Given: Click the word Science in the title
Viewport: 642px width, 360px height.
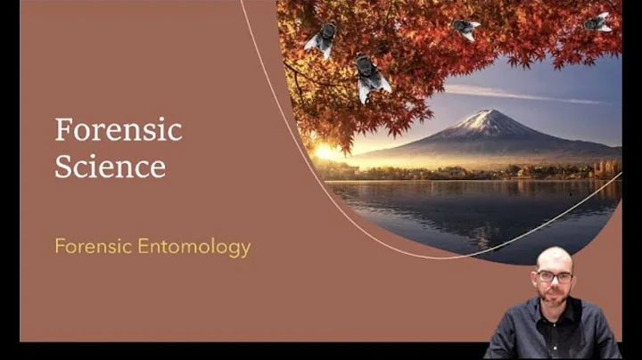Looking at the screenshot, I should point(110,167).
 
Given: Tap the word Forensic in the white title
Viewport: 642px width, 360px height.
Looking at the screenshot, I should point(119,130).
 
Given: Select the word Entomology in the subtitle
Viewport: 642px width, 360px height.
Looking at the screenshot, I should point(193,247).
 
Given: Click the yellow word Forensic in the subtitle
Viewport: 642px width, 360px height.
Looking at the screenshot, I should point(93,247).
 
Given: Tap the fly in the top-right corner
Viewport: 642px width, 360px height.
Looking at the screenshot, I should point(598,22).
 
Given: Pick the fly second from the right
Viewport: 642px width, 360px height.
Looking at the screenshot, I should point(465,28).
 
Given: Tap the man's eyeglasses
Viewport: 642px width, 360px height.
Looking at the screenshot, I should point(555,277).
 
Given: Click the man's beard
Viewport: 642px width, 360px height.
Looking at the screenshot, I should point(554,298).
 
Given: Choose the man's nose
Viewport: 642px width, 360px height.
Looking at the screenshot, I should point(555,283).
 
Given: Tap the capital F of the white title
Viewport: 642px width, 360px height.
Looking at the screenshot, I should point(62,130).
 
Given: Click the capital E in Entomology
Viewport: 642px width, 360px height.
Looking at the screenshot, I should point(143,247).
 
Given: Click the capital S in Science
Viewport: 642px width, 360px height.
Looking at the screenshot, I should point(63,167).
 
